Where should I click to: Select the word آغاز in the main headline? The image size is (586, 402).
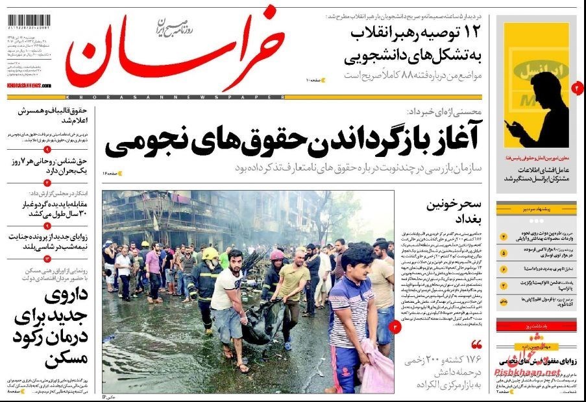(446, 137)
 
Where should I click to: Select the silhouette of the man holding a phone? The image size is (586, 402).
(542, 107)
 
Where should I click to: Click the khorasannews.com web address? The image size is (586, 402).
(29, 85)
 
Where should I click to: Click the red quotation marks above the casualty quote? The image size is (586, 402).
(477, 344)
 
